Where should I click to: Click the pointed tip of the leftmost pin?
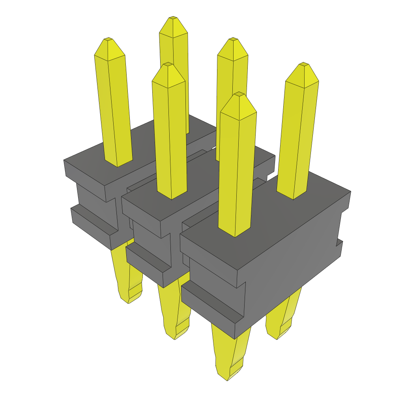click(x=108, y=39)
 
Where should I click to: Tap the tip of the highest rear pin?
click(x=173, y=19)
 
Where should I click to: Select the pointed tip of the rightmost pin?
click(x=303, y=64)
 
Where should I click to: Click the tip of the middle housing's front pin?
click(x=168, y=64)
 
